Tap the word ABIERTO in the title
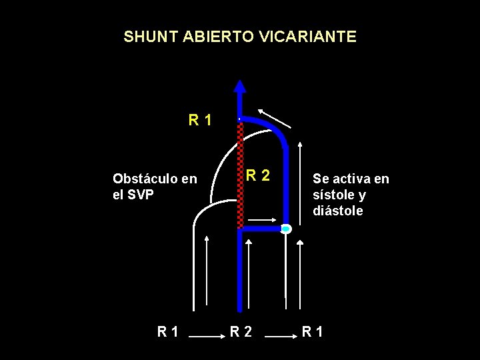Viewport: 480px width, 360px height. (x=212, y=37)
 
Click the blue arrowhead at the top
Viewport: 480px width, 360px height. (x=240, y=86)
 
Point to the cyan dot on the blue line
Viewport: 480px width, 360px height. (x=285, y=229)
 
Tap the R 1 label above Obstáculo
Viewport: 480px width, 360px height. (x=200, y=121)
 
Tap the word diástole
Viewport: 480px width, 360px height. (x=338, y=211)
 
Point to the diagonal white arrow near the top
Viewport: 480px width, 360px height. (x=275, y=117)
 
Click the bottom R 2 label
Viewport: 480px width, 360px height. (x=241, y=331)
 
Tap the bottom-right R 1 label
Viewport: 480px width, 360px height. (x=313, y=331)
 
